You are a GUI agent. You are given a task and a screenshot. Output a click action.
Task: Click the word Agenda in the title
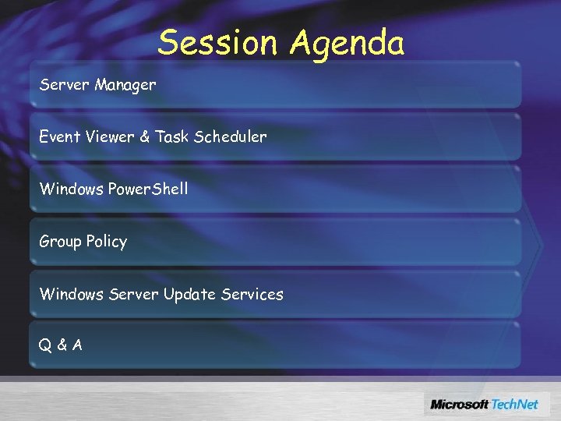pos(348,44)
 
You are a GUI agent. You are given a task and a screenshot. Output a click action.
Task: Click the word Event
pos(59,136)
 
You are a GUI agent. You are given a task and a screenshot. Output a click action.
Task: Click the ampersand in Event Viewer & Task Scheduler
pos(145,136)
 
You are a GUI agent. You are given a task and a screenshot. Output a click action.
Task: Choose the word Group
pos(60,242)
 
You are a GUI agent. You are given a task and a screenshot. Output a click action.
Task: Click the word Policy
pos(107,242)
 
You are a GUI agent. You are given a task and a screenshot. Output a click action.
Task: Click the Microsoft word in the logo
pos(460,404)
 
